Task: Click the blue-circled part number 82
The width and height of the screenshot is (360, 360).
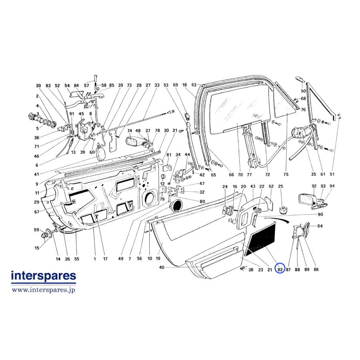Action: click(x=280, y=270)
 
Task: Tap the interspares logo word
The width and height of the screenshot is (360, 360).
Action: click(x=43, y=276)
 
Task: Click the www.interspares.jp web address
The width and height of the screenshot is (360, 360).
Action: click(x=43, y=290)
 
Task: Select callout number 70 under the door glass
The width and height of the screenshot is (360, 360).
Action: click(x=240, y=175)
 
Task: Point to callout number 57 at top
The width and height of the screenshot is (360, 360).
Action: click(x=86, y=86)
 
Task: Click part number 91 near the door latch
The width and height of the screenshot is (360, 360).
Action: click(x=72, y=114)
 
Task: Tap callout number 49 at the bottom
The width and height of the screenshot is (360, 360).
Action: click(x=121, y=259)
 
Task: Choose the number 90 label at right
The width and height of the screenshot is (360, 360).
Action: click(x=320, y=214)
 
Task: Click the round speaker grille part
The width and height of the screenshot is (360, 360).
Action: click(x=176, y=206)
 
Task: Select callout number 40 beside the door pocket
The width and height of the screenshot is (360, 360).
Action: click(x=162, y=267)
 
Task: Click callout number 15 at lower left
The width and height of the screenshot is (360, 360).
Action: click(x=37, y=248)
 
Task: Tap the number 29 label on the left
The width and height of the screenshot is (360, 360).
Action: click(x=37, y=202)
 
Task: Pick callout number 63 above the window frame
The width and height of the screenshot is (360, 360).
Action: click(x=194, y=85)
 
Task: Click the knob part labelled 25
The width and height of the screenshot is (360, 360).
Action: click(x=283, y=210)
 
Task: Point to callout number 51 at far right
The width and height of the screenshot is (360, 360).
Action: click(x=332, y=174)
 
